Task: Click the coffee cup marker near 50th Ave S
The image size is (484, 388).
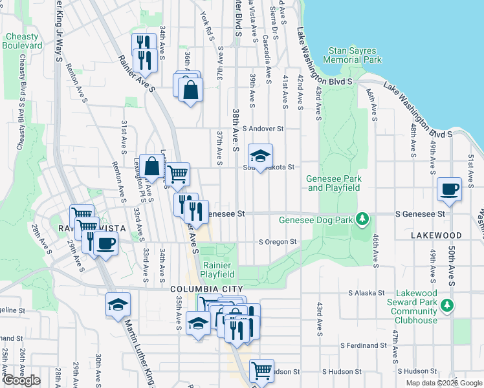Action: (x=449, y=189)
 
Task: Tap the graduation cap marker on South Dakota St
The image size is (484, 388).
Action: (x=260, y=156)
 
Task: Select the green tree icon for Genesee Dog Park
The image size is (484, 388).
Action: (x=364, y=219)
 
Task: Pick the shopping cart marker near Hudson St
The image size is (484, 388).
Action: (x=261, y=371)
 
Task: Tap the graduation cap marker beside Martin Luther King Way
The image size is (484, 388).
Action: (x=118, y=305)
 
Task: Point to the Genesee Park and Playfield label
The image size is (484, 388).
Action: (x=334, y=183)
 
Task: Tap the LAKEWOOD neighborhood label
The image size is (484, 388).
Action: (x=436, y=236)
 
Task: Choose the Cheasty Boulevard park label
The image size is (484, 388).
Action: (x=21, y=41)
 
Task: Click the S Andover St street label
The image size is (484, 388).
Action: (x=263, y=129)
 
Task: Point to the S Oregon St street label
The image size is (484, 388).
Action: (x=278, y=242)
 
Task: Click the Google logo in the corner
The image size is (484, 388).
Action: (x=21, y=380)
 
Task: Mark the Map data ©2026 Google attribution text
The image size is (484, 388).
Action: (x=444, y=383)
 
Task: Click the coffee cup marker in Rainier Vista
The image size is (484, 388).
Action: (x=105, y=244)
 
